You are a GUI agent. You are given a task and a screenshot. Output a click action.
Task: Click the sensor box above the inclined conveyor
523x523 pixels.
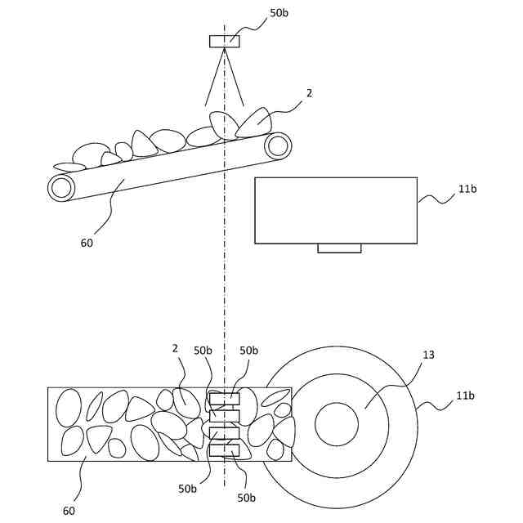point(224,42)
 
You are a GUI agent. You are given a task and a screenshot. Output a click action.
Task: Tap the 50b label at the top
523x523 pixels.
point(279,13)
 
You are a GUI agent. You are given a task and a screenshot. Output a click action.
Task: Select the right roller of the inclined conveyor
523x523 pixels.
point(278,146)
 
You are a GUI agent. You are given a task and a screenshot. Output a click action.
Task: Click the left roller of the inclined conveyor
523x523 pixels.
point(61,188)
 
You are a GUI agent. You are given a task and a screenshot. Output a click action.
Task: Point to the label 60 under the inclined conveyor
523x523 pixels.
point(87,243)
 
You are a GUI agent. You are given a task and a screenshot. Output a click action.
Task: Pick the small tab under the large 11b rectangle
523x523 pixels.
point(339,248)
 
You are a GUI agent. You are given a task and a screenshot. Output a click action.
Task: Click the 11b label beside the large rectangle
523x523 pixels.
point(467,189)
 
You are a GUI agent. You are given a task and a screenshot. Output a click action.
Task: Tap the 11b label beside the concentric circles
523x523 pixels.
point(465,396)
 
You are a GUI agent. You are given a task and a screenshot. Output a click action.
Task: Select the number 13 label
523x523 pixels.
point(428,355)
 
